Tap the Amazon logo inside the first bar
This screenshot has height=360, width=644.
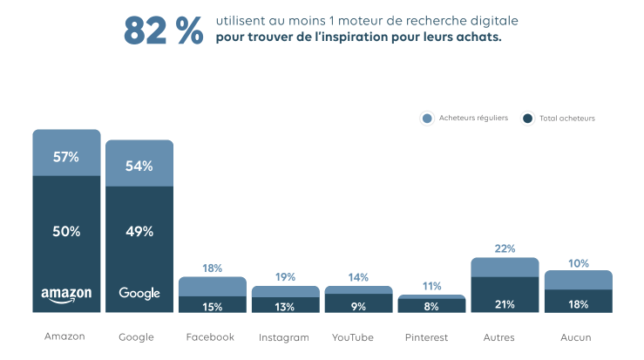[x=66, y=295]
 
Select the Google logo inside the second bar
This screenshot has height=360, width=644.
[x=139, y=294]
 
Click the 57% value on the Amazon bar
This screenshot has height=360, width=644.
[x=66, y=157]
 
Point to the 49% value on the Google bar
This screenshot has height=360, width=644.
[x=139, y=231]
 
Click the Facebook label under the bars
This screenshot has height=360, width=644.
[x=210, y=337]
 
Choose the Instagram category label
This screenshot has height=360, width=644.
[x=285, y=337]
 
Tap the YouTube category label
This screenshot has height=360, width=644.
[x=358, y=337]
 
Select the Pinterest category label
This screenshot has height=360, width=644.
[x=431, y=337]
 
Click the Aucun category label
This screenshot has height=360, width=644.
[x=578, y=337]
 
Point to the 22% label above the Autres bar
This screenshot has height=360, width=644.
[x=505, y=248]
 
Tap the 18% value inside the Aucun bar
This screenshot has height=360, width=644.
[x=578, y=304]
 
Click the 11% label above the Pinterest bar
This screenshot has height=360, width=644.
[x=431, y=286]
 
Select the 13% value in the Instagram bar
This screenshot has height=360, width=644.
[x=285, y=306]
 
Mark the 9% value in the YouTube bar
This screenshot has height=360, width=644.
[x=358, y=306]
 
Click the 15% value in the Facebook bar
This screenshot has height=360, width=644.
[x=212, y=306]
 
